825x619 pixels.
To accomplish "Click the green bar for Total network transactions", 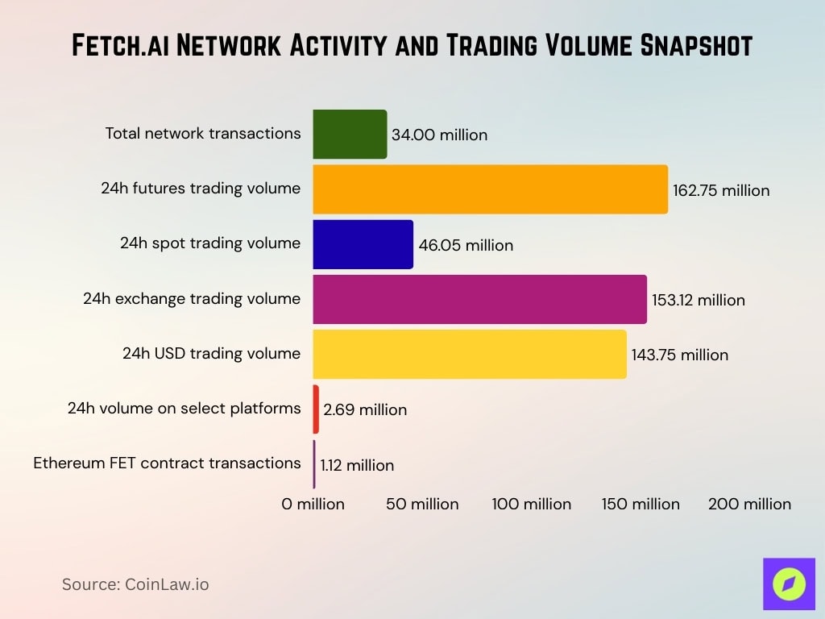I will coord(350,135).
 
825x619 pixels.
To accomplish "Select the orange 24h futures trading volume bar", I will coord(490,189).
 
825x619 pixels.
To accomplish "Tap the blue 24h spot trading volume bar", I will coord(363,244).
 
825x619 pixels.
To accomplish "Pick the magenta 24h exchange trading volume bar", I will coord(479,299).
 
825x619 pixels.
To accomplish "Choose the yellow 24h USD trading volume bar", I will coord(469,354).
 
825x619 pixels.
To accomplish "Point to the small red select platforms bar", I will coord(316,409).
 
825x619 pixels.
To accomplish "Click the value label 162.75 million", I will coord(721,191).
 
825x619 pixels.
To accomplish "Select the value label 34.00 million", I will coord(439,135).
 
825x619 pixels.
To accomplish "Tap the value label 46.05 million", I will coord(465,245).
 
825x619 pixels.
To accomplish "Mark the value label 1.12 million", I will coord(357,465).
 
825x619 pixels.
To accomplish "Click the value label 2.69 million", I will coord(365,409).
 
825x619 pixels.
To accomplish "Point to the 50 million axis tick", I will coord(422,505).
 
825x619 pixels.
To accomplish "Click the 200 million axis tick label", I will coord(749,505).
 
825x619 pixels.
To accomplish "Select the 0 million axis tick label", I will coord(313,505).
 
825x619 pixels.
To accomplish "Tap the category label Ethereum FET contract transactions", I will coord(167,463).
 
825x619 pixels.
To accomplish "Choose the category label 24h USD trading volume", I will coord(211,353).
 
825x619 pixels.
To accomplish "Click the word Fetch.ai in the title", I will coord(121,46).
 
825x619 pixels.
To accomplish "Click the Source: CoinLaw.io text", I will coord(135,584).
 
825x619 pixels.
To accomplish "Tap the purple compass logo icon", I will coord(789,584).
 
